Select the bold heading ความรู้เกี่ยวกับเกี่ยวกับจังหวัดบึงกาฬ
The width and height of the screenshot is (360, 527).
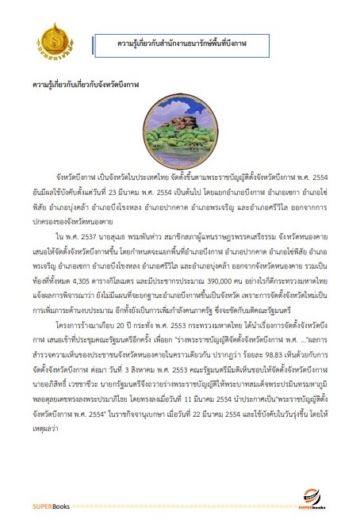click(x=81, y=82)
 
